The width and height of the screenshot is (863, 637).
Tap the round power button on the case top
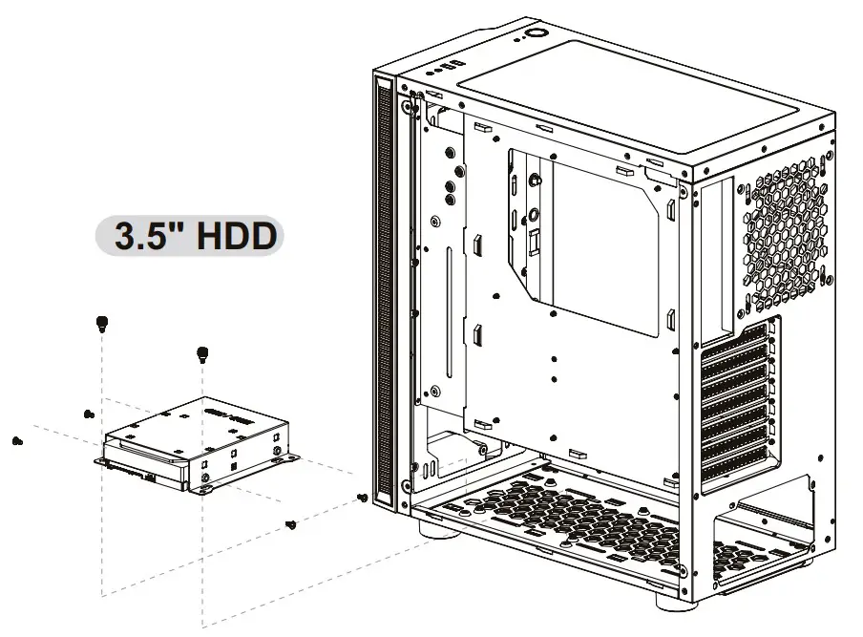(x=532, y=37)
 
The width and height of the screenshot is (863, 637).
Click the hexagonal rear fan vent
(x=782, y=230)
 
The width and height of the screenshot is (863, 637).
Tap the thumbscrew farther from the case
(x=101, y=323)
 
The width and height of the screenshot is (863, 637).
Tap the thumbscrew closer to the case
(x=202, y=353)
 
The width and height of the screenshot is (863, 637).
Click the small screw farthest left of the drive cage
(x=16, y=440)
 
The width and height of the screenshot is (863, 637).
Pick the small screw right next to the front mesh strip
(x=362, y=498)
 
